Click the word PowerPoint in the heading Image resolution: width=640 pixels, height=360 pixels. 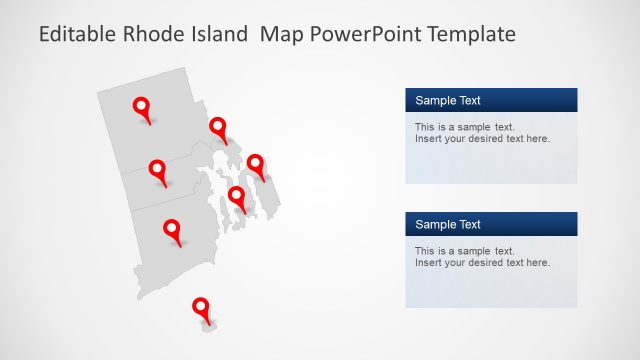pyautogui.click(x=363, y=35)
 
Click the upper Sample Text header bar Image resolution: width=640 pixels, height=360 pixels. pyautogui.click(x=491, y=100)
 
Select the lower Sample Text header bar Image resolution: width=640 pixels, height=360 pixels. pyautogui.click(x=491, y=224)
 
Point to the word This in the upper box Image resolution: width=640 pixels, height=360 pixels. pyautogui.click(x=425, y=127)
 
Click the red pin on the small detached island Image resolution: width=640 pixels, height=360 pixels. pyautogui.click(x=201, y=307)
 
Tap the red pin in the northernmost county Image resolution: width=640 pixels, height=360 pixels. pyautogui.click(x=142, y=106)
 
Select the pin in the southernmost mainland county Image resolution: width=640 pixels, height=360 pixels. pyautogui.click(x=172, y=229)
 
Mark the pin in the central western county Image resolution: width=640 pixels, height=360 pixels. pyautogui.click(x=157, y=169)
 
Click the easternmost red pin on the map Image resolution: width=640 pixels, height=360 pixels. pyautogui.click(x=255, y=164)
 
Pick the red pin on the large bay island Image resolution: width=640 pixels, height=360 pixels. pyautogui.click(x=236, y=196)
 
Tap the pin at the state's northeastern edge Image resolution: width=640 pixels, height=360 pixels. pyautogui.click(x=217, y=127)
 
